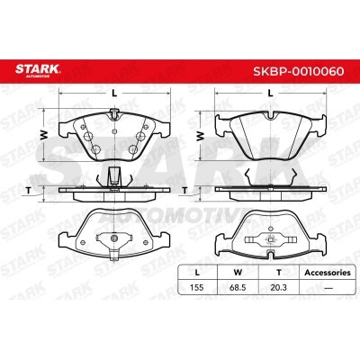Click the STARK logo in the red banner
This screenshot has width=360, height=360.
click(x=38, y=70)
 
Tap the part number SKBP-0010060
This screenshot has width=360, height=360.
click(x=299, y=71)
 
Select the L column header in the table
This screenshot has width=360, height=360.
click(x=197, y=273)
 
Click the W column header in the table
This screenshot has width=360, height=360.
click(x=238, y=273)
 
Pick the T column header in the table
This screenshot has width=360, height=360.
click(x=279, y=273)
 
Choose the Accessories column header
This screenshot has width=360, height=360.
click(x=328, y=273)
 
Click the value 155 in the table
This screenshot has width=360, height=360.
click(x=197, y=287)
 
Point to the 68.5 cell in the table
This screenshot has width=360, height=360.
click(x=238, y=287)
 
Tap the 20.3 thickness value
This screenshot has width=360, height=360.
click(x=278, y=287)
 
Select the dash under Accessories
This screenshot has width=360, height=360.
click(x=328, y=288)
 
